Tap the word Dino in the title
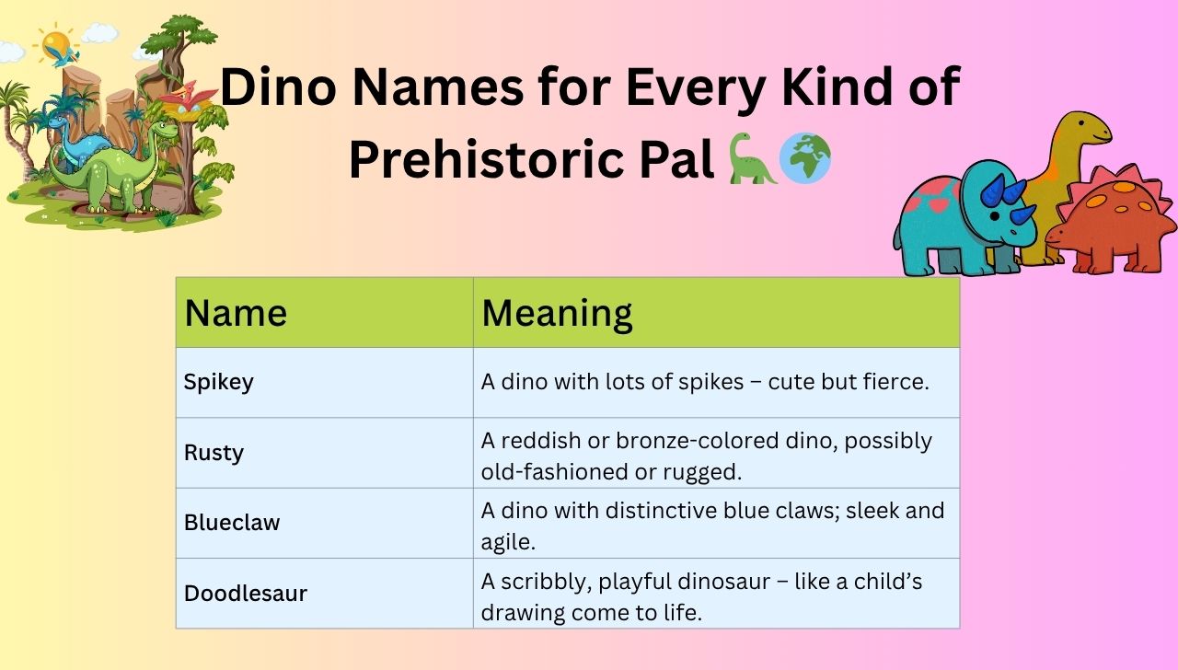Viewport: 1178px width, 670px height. [281, 88]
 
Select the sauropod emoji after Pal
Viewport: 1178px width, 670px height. [752, 158]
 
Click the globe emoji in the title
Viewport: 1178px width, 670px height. [805, 158]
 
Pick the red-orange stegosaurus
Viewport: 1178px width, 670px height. [1114, 221]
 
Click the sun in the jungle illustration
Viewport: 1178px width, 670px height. [55, 42]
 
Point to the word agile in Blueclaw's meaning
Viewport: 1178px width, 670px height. [508, 542]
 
